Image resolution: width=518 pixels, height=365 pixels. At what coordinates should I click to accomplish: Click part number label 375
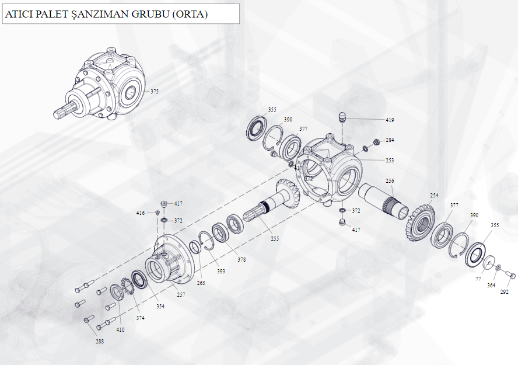click(x=155, y=91)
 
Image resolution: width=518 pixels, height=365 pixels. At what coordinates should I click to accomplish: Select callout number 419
click(x=390, y=120)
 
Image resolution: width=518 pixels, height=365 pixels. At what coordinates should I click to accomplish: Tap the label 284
click(x=390, y=140)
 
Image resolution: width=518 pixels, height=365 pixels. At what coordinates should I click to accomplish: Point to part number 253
click(x=390, y=160)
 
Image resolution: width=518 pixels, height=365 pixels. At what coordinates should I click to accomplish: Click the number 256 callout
click(x=390, y=181)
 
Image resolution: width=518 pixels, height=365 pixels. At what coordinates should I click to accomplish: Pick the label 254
click(x=434, y=196)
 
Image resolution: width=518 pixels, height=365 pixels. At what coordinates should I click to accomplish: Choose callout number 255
click(x=275, y=238)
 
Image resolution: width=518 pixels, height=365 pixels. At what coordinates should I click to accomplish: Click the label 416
click(x=141, y=213)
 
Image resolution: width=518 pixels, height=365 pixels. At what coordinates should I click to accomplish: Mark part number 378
click(x=242, y=259)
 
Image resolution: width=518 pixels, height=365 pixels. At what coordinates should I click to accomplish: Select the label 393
click(x=221, y=271)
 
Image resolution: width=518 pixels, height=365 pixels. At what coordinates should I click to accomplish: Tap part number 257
click(x=181, y=295)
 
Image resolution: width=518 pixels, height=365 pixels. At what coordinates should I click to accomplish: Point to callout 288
click(x=100, y=341)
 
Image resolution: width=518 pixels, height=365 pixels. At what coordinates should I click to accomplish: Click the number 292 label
click(x=505, y=292)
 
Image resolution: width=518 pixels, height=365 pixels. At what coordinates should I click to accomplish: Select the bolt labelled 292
click(x=510, y=274)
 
